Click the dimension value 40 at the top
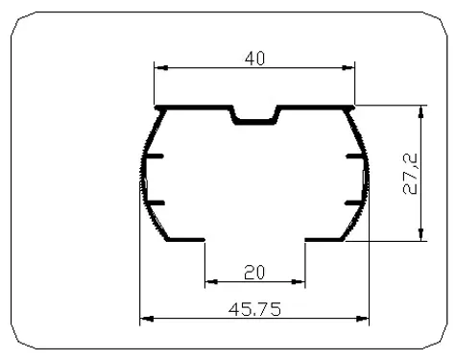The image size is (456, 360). (x=254, y=59)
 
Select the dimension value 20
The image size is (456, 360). (x=254, y=273)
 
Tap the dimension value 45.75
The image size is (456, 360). (x=255, y=309)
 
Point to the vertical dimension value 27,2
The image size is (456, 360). (x=410, y=174)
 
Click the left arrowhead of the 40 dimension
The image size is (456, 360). (x=161, y=68)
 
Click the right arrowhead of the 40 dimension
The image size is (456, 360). (x=348, y=68)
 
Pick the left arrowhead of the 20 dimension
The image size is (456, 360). (x=211, y=281)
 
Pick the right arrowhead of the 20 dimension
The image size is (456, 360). (x=299, y=281)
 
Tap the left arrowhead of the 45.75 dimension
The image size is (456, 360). (x=147, y=319)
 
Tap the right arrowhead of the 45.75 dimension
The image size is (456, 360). (x=362, y=319)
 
